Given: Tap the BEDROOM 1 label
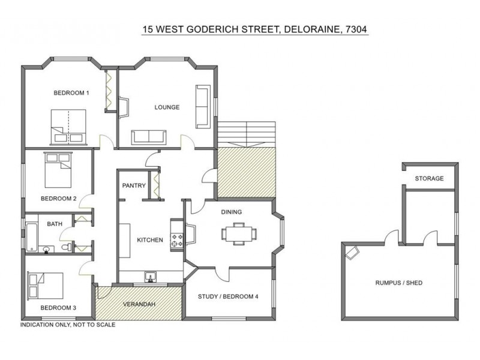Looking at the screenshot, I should pos(71,93).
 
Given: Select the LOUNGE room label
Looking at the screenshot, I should pos(167,107).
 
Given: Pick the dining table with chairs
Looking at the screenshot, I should pos(239,233).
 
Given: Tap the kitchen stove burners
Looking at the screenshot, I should pos(178,239).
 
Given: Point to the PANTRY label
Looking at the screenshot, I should pos(134,186).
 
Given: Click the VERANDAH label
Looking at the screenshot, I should pos(140,304).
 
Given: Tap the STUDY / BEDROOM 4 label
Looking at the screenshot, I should pos(228,295).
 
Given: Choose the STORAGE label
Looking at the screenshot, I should pos(429,179).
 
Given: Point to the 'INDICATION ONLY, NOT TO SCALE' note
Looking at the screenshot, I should pos(68,325).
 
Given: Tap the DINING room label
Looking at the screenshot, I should pos(231,212).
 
